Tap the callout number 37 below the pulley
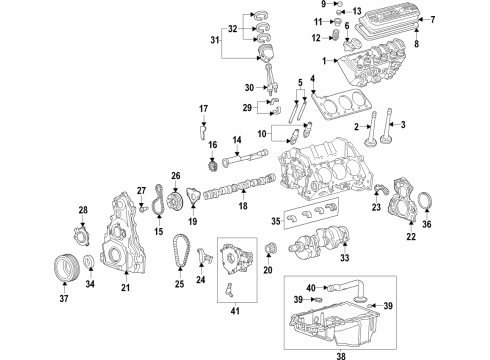tap(64, 297)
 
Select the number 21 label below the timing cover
tap(126, 289)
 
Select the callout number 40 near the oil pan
tap(311, 286)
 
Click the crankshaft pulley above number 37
tap(65, 268)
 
